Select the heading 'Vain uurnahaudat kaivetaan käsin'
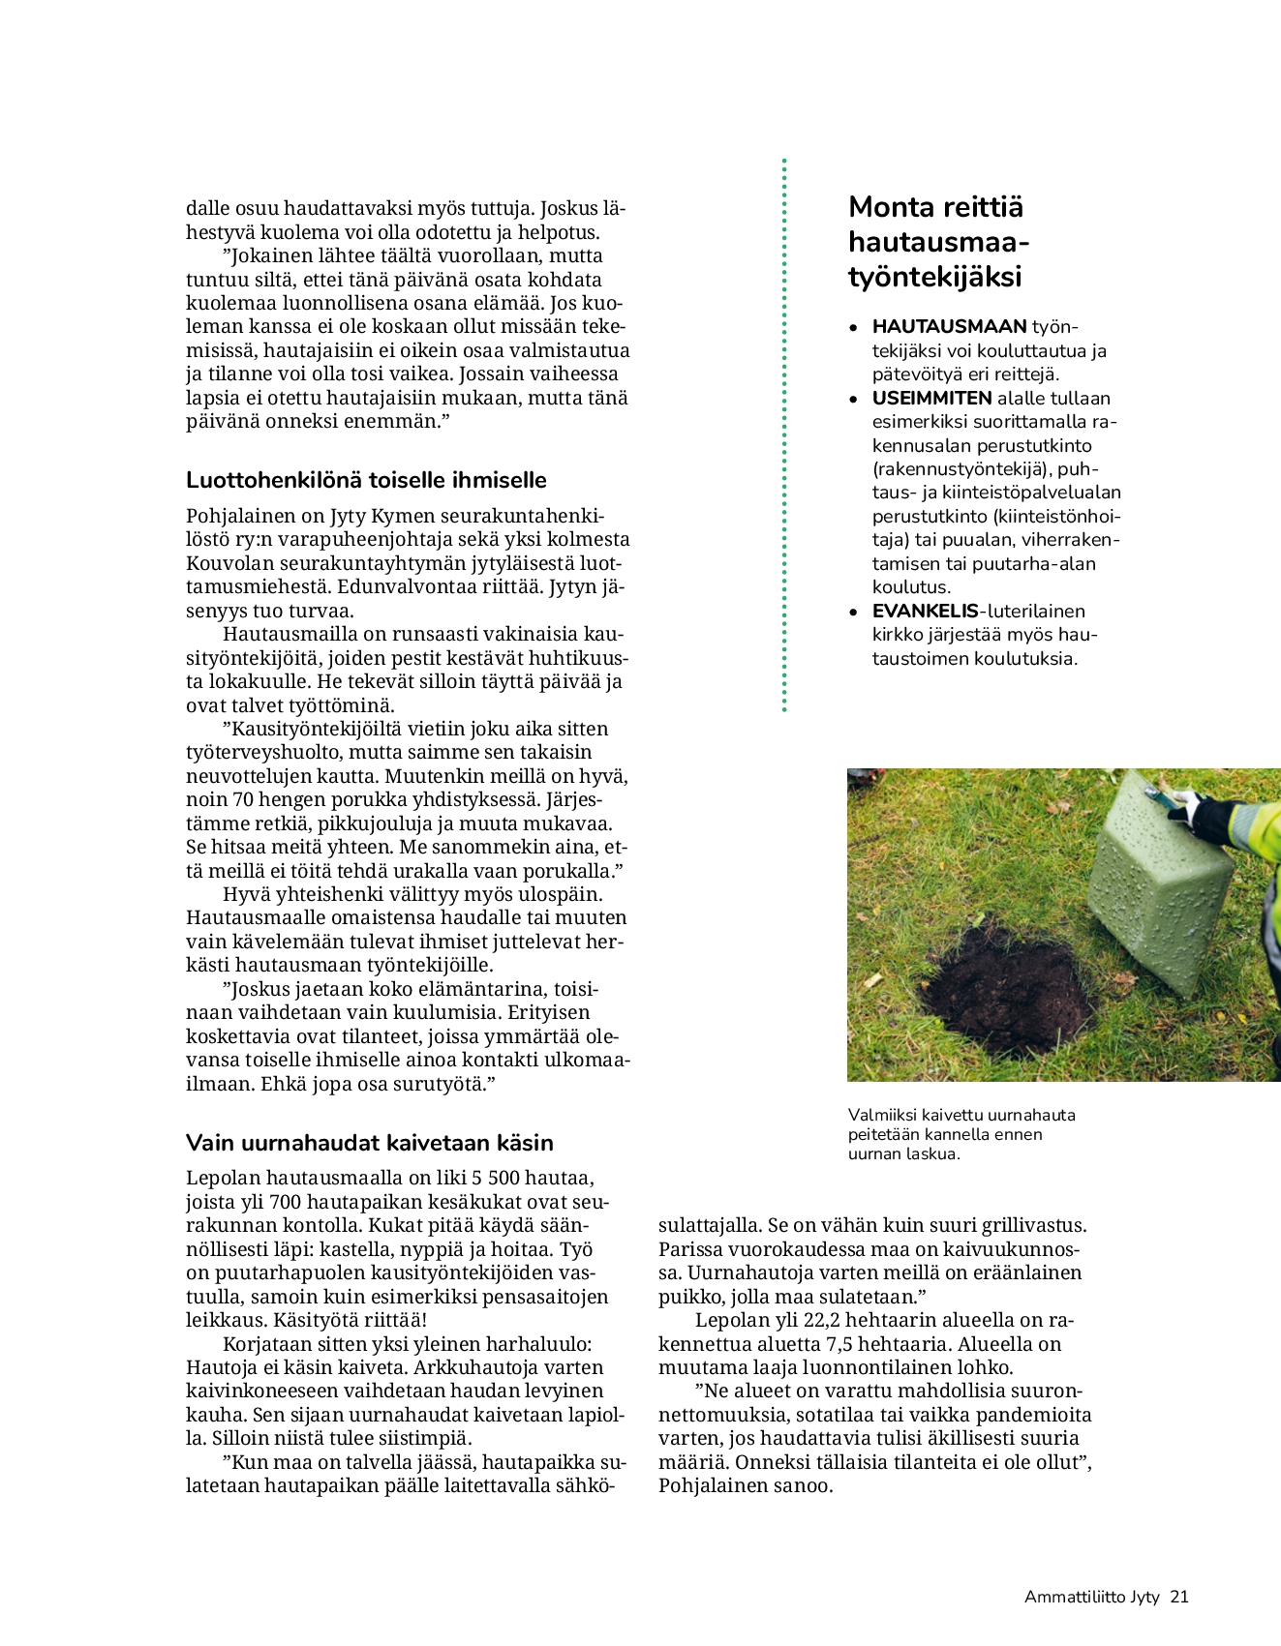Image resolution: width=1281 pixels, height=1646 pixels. [x=369, y=1143]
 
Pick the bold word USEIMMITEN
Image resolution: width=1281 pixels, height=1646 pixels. [x=931, y=399]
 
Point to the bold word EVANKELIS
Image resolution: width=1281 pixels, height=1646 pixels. [x=925, y=612]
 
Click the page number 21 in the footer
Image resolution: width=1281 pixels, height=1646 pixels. [x=1178, y=1598]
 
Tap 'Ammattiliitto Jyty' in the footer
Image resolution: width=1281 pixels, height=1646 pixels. [x=1091, y=1598]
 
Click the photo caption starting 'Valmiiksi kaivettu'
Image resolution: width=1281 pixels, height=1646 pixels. [x=961, y=1134]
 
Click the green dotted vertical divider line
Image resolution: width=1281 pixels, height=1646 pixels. [x=784, y=435]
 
